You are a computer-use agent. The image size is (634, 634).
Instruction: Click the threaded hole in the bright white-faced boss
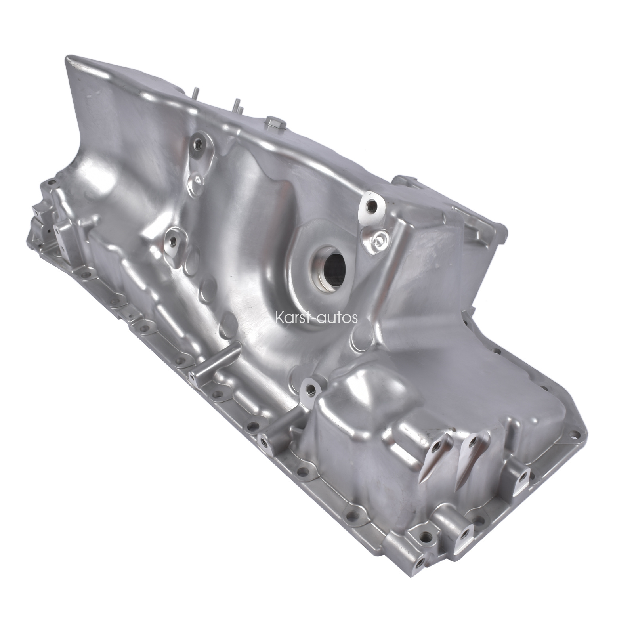pos(372,206)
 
